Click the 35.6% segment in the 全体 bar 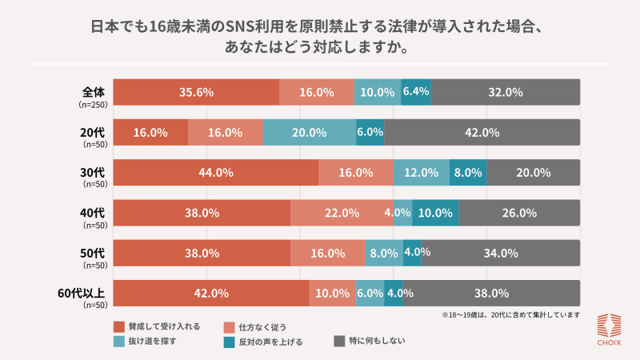pyautogui.click(x=196, y=92)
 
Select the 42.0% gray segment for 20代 pyautogui.click(x=482, y=132)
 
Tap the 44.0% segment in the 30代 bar pyautogui.click(x=215, y=172)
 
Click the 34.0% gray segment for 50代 pyautogui.click(x=501, y=253)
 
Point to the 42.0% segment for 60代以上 pyautogui.click(x=211, y=293)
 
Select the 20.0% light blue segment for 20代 pyautogui.click(x=309, y=132)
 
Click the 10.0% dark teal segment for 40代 pyautogui.click(x=435, y=213)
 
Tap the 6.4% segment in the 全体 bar pyautogui.click(x=416, y=92)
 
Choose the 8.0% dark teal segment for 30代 pyautogui.click(x=468, y=172)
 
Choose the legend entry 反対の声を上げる pyautogui.click(x=271, y=342)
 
